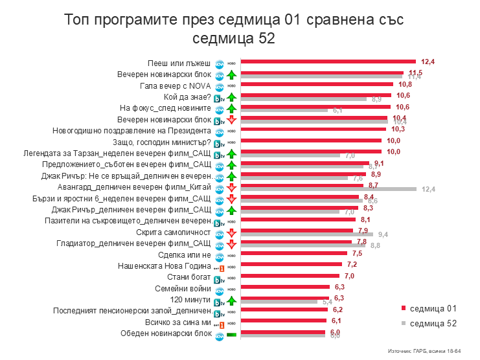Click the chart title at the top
click(234, 28)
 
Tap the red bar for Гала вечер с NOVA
click(317, 84)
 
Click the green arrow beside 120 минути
click(231, 300)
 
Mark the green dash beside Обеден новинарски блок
click(231, 334)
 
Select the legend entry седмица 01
click(429, 308)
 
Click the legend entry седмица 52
click(429, 322)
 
